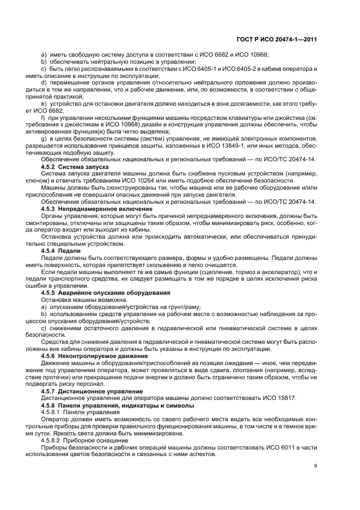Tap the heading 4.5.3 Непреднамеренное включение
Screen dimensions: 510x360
97,209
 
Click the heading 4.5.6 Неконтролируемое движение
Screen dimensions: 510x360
93,354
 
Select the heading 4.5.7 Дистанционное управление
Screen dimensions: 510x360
90,390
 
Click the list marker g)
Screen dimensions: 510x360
44,138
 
